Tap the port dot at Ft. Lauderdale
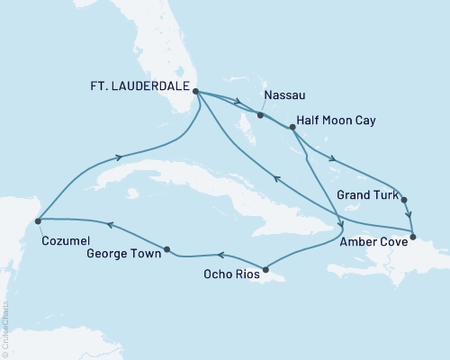coord(196,91)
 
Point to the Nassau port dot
coord(259,115)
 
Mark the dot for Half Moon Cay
coord(292,128)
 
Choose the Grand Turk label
coord(362,193)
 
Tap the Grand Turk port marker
coord(403,200)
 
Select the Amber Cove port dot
coord(412,238)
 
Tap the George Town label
coord(125,255)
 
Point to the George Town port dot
coord(167,248)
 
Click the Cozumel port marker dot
coord(37,220)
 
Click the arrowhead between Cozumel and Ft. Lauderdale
coord(118,158)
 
